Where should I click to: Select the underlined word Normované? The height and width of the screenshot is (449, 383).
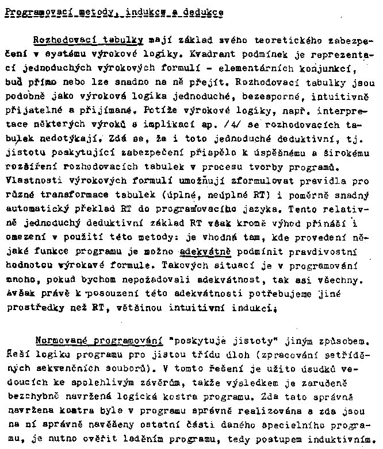click(x=56, y=339)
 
